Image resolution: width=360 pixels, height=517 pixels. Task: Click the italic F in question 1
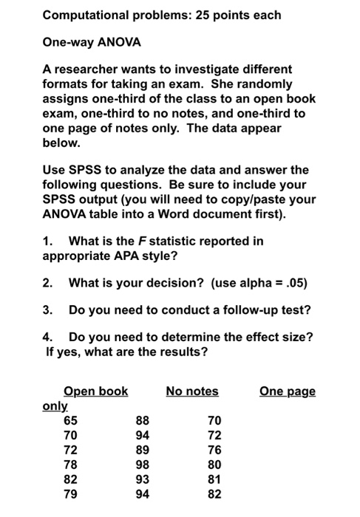140,241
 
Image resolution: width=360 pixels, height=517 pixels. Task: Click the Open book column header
95,391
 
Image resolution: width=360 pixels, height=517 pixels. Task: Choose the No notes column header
192,391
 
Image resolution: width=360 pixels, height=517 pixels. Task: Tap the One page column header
288,391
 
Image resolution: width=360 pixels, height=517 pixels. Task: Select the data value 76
214,451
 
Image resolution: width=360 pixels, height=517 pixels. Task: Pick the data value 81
214,480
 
